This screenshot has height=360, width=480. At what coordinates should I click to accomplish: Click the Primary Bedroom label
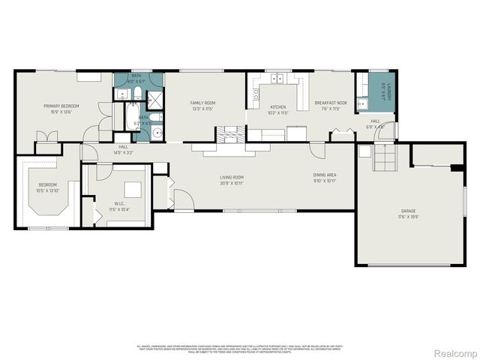[x=61, y=106]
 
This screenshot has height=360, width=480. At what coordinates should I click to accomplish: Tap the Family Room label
[x=202, y=102]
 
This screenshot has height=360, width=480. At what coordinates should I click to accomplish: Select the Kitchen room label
[x=278, y=106]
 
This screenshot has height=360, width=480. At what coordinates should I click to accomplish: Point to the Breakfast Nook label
[x=330, y=102]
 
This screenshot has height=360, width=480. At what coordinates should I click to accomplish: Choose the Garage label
[x=408, y=211]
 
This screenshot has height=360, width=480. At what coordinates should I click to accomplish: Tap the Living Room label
[x=232, y=177]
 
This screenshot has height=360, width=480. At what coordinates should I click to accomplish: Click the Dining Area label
[x=324, y=175]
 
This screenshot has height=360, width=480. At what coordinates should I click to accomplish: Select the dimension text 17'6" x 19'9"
[x=408, y=217]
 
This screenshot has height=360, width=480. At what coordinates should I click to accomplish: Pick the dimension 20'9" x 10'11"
[x=232, y=183]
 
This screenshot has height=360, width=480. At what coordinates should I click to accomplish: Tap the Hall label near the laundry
[x=375, y=121]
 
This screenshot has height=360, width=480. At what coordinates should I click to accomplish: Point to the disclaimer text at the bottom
[x=239, y=349]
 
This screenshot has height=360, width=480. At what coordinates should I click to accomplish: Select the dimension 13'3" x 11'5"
[x=202, y=108]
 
